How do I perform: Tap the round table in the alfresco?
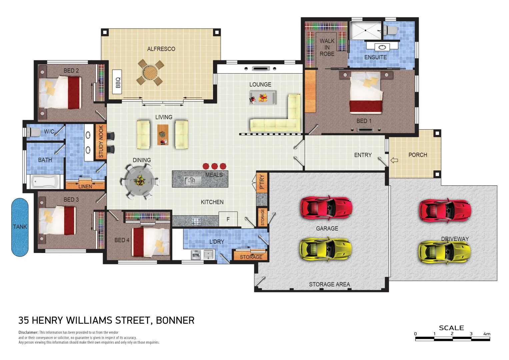pos(150,72)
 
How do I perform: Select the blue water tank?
pos(20,227)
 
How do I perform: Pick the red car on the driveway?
pos(445,211)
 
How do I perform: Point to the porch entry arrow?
pos(394,160)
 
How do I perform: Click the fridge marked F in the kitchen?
pos(228,219)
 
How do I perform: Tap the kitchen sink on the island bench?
pos(192,181)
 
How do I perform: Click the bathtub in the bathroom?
pos(45,182)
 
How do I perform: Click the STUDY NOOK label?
pos(101,141)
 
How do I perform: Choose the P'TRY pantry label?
pos(262,182)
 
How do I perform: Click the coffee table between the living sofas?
pos(163,135)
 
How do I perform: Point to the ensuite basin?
pos(382,47)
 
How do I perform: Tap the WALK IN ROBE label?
pos(327,47)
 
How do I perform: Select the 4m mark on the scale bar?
pos(487,334)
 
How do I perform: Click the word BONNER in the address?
pos(175,320)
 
